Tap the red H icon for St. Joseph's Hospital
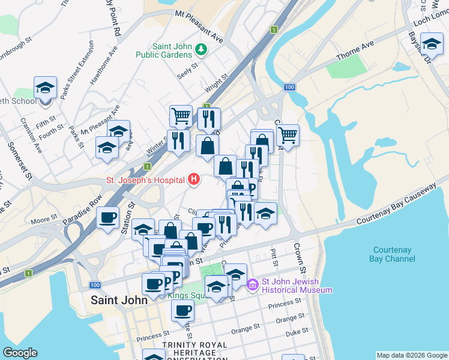click(194, 179)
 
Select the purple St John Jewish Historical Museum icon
click(253, 284)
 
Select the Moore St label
click(44, 221)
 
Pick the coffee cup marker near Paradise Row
click(108, 217)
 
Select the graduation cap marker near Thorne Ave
click(432, 43)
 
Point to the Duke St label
click(297, 331)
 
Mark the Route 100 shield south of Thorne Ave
click(290, 88)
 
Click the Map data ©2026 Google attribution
click(411, 355)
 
